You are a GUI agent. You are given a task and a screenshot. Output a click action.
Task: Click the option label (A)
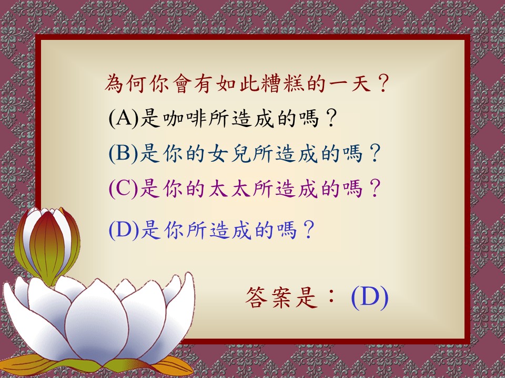123,118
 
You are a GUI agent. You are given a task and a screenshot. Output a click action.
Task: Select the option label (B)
123,153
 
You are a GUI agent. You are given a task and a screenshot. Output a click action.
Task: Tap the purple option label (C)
123,188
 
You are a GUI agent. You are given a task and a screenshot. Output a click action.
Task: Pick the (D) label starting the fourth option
124,229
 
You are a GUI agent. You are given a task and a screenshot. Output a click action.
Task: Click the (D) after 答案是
370,297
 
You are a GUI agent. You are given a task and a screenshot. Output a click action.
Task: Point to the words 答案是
281,298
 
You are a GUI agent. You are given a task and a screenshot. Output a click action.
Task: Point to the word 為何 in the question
127,83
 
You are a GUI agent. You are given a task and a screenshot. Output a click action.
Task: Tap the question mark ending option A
330,118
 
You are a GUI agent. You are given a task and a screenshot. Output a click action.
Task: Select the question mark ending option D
308,229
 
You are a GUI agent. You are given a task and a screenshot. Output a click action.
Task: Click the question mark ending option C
375,188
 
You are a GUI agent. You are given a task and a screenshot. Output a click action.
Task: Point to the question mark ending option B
375,153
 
